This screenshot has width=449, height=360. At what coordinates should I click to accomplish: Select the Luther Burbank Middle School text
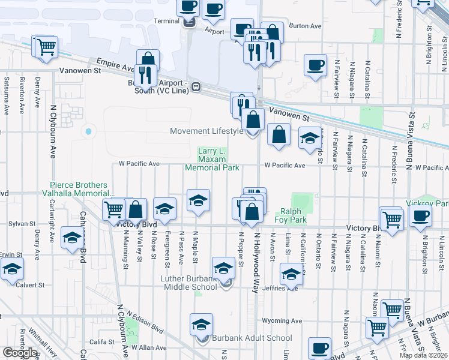click(188, 283)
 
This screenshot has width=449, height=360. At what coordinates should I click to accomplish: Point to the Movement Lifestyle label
click(206, 131)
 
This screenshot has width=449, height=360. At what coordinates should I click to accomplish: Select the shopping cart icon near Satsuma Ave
click(46, 47)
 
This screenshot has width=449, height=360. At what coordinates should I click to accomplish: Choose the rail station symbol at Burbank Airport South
click(196, 88)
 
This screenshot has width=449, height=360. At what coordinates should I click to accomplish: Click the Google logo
click(20, 353)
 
